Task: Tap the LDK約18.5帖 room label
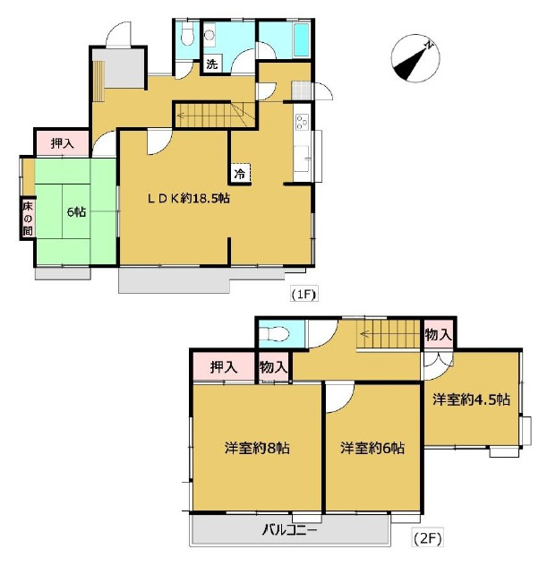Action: [188, 199]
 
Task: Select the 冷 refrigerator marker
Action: [240, 174]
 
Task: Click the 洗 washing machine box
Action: [212, 64]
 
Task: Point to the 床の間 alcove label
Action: [28, 219]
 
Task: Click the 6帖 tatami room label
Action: [76, 212]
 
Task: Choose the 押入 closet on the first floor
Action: [62, 143]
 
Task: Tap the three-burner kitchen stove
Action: [303, 122]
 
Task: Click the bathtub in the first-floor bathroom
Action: [302, 40]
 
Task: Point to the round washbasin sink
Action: [210, 35]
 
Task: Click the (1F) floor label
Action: [304, 294]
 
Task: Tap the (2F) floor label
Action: [428, 538]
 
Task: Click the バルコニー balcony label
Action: [289, 530]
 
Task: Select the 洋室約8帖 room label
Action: [257, 448]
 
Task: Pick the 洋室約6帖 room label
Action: [372, 448]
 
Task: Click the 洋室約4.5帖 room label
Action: [471, 399]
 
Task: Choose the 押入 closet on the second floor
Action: [224, 367]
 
